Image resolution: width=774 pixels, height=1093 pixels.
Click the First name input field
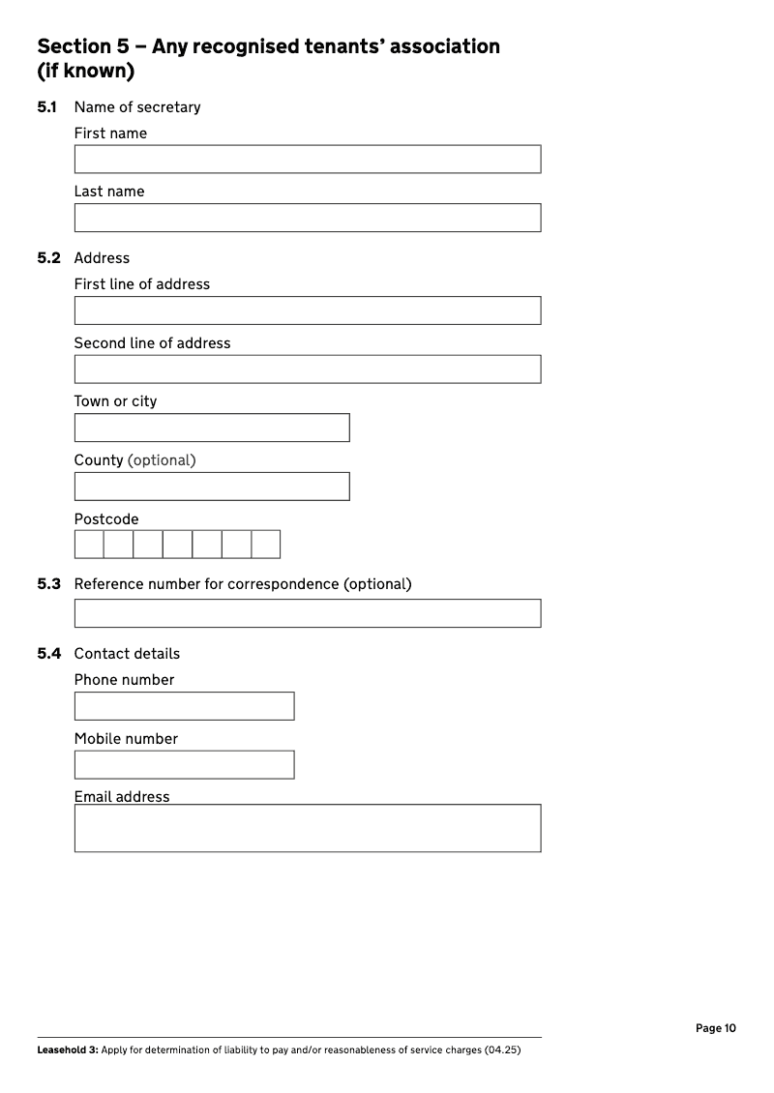(x=307, y=160)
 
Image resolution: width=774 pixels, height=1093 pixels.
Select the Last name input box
(x=307, y=218)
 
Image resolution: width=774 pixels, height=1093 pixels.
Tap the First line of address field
(x=307, y=310)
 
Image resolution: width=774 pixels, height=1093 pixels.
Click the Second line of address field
(x=307, y=369)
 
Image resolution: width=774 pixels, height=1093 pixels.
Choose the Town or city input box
(x=211, y=428)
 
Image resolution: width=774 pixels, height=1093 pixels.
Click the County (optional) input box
(x=211, y=487)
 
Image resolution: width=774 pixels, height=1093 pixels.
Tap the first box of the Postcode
(x=89, y=545)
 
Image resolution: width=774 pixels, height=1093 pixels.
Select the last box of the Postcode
(x=265, y=545)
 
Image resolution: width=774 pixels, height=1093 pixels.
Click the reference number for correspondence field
(x=307, y=613)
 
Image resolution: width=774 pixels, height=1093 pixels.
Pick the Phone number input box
(x=184, y=706)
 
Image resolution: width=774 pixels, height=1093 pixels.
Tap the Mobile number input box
(x=184, y=765)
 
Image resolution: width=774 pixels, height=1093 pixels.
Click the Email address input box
(x=307, y=828)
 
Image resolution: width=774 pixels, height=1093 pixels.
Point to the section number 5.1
(x=47, y=107)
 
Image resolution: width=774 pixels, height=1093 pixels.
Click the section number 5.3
(x=48, y=584)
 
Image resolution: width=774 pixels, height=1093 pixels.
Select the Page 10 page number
(x=715, y=1028)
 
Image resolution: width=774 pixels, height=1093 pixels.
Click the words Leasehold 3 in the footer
(x=67, y=1050)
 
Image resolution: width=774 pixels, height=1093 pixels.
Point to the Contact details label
(x=127, y=654)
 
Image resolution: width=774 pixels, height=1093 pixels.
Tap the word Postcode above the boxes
(x=106, y=519)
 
